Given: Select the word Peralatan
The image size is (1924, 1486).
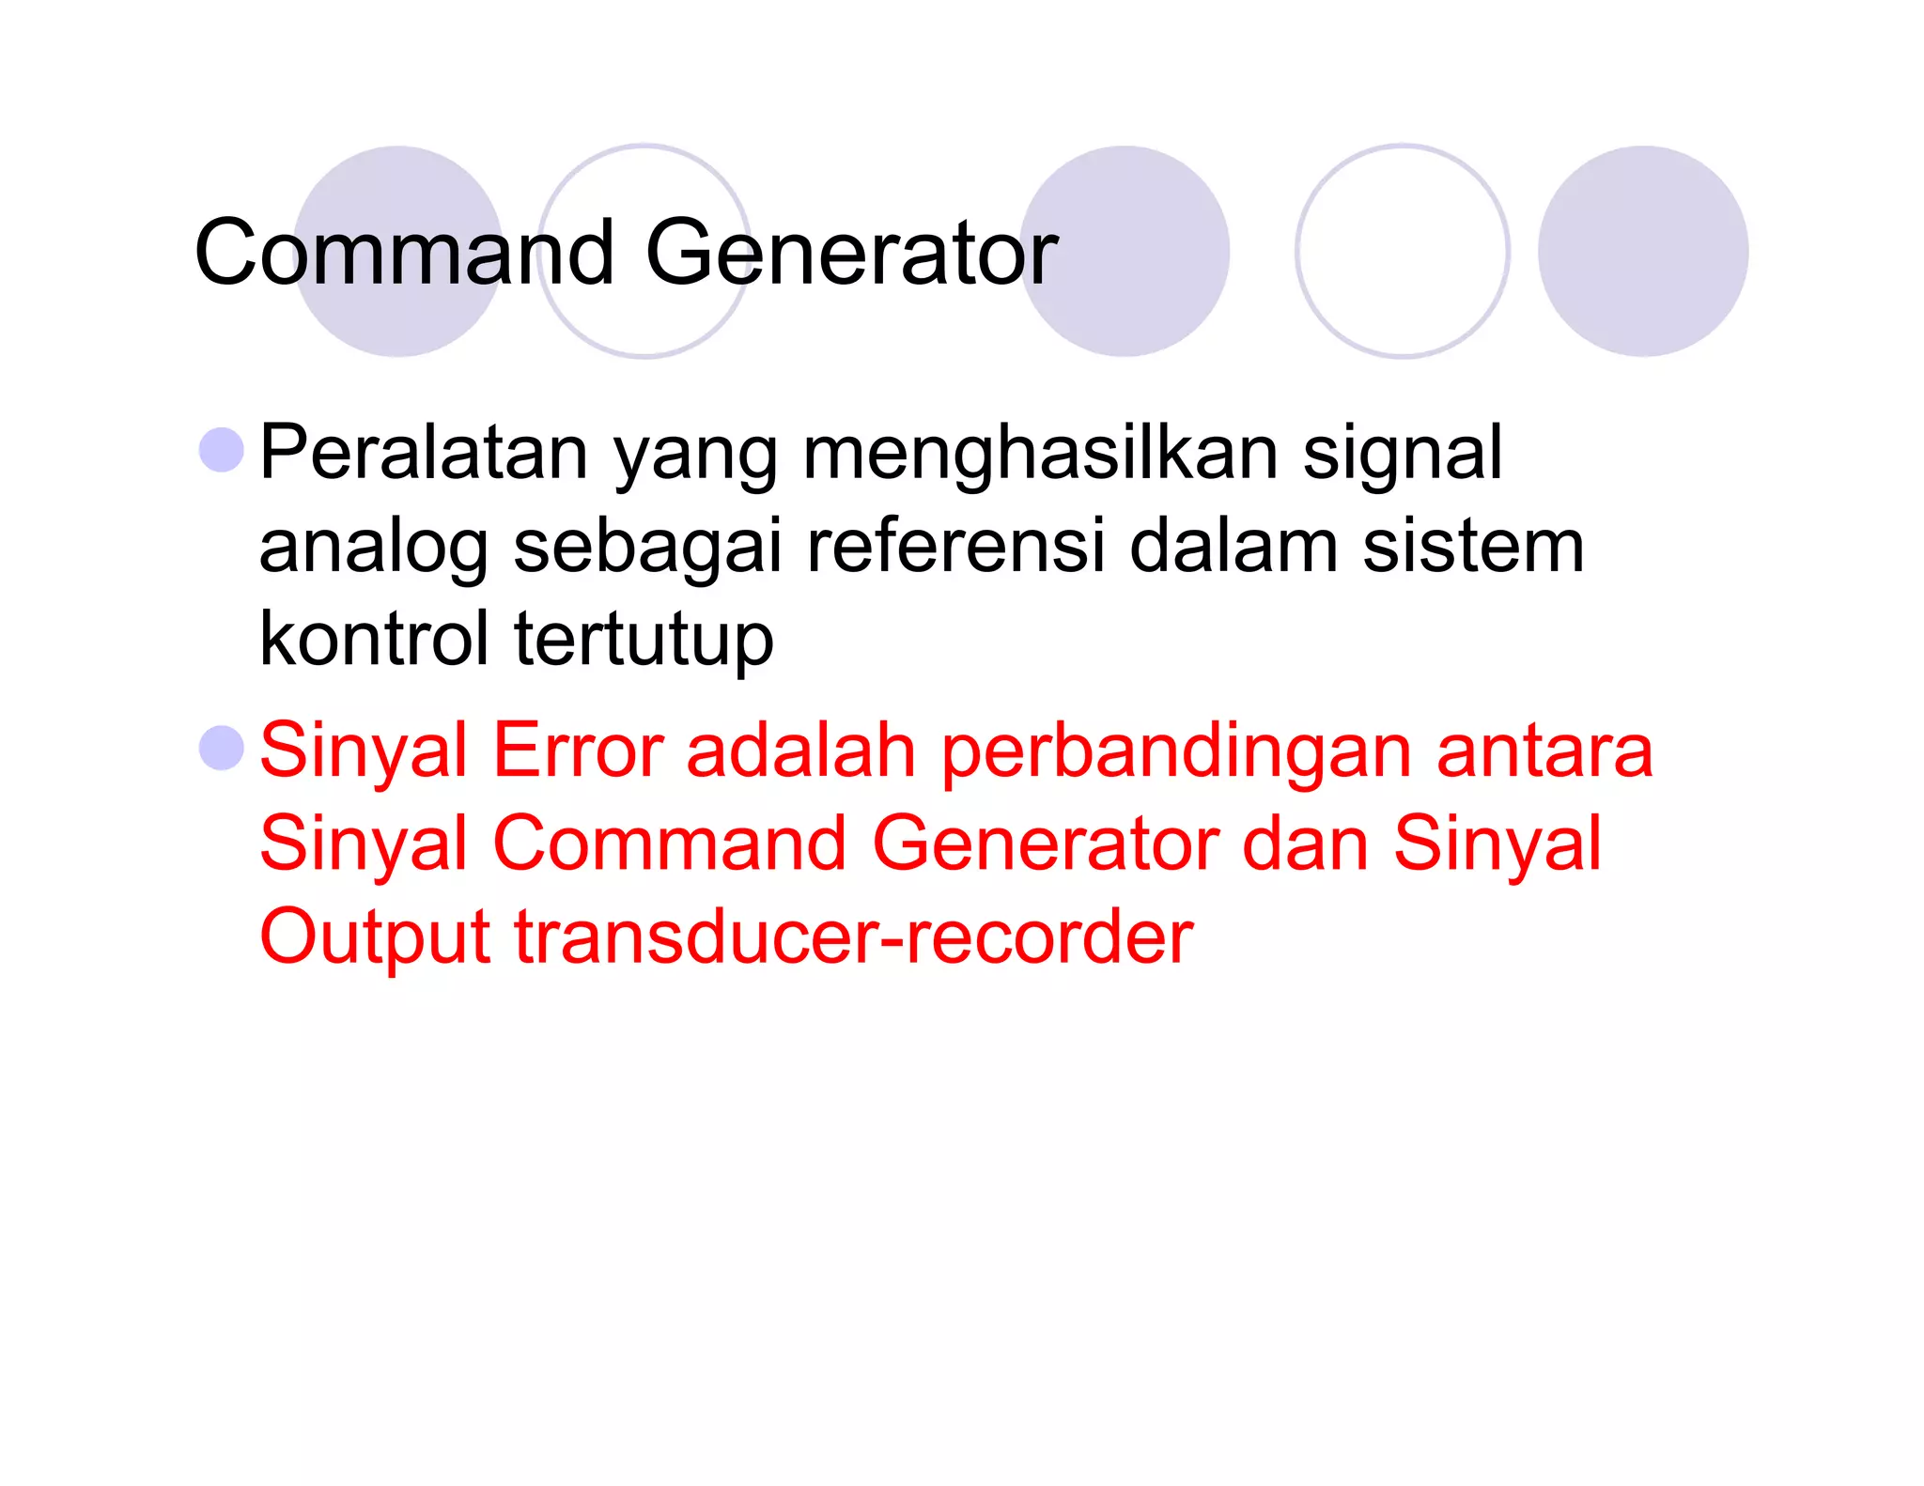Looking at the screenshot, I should coord(424,453).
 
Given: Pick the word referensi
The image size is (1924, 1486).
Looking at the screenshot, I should coord(955,546).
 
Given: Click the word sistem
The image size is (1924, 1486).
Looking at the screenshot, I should coord(1473,546).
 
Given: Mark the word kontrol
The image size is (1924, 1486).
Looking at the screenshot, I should coord(374,639).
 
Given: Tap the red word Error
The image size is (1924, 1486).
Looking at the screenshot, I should coord(578,751).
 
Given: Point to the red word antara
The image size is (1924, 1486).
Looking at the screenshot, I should coord(1544,751).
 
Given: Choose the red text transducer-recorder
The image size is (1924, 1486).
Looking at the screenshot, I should coord(853,936).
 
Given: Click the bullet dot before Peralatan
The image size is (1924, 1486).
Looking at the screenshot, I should coord(222,450).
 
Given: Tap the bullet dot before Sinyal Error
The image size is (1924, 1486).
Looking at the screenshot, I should coord(222,748).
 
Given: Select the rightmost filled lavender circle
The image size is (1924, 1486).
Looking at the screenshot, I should coord(1642,251).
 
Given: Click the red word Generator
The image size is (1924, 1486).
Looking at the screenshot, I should coord(1045,844).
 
